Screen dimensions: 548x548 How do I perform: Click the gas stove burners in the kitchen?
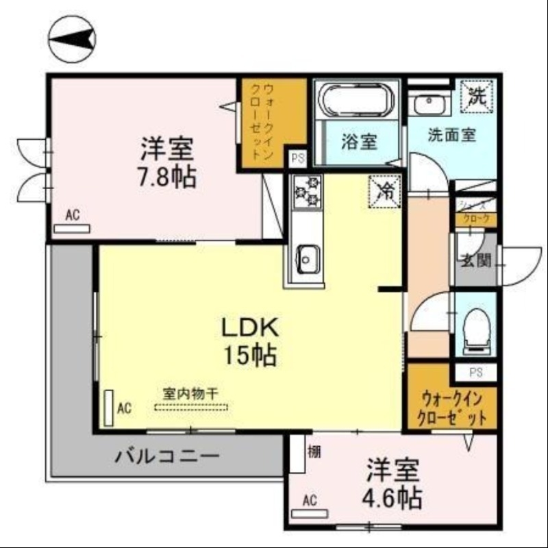307,191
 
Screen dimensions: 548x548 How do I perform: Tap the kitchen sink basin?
305,258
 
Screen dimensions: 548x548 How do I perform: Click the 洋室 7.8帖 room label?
169,162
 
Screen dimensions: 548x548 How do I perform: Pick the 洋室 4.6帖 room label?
393,484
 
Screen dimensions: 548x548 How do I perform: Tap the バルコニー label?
167,455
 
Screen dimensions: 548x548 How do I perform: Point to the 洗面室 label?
451,135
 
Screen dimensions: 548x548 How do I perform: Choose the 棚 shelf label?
314,451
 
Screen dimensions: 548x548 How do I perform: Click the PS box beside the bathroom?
297,158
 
